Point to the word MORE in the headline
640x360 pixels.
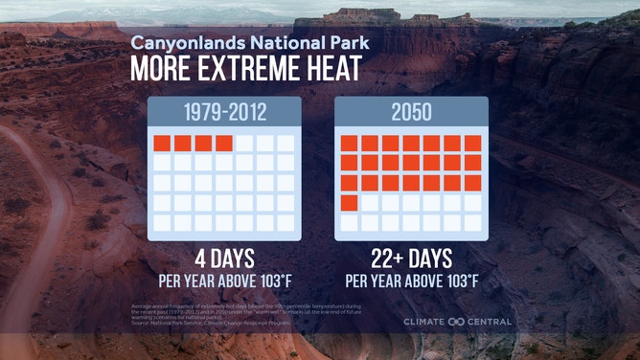(163, 70)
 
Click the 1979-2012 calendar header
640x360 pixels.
(224, 112)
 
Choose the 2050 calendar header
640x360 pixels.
(411, 112)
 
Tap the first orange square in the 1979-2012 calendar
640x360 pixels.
(162, 144)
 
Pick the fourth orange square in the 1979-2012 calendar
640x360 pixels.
(224, 144)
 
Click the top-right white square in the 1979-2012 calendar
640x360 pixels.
(286, 144)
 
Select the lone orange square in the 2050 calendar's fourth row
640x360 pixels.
(349, 202)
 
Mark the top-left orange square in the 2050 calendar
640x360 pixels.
(349, 144)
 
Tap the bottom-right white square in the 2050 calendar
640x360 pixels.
(472, 222)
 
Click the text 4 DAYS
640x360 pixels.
(224, 260)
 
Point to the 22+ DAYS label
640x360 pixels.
(411, 260)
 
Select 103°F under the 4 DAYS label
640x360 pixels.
(272, 281)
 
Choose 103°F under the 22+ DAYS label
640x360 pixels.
(459, 281)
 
